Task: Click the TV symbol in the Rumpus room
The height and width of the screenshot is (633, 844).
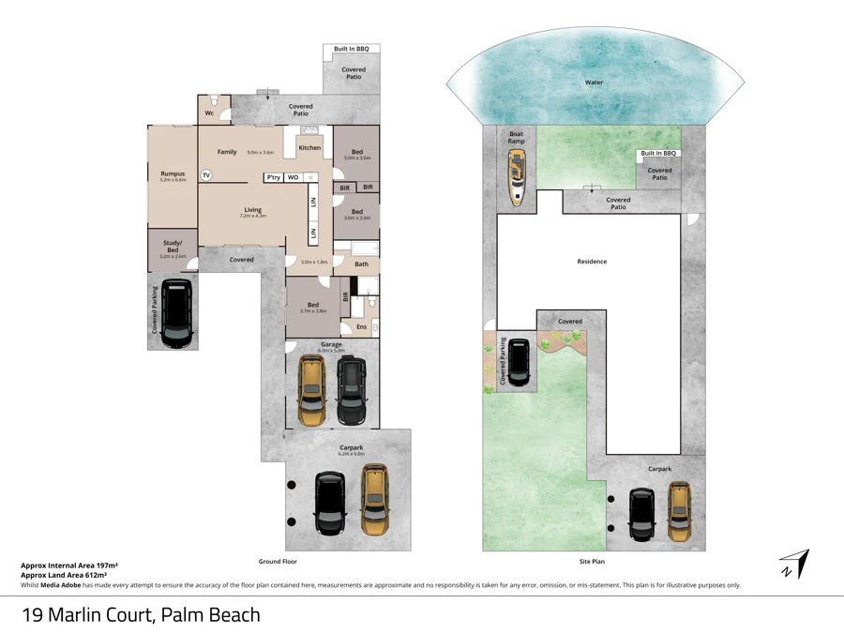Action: (206, 174)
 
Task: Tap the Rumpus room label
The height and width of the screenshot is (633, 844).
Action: (173, 173)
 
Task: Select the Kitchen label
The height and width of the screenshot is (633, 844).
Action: (309, 147)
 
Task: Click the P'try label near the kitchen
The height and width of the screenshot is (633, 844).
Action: (274, 177)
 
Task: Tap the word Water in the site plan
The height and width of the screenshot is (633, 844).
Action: (594, 83)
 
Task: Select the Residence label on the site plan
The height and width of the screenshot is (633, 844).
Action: (592, 262)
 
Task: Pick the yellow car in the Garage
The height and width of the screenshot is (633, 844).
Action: (312, 387)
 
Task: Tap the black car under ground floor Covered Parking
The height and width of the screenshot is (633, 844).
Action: (175, 310)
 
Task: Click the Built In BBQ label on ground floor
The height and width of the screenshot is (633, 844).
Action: (353, 48)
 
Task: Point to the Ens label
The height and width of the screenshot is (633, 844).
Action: (361, 326)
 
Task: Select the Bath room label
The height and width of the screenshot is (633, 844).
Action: (361, 264)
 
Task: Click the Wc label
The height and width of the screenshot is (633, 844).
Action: (210, 113)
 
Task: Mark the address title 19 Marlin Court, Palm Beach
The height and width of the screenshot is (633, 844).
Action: (141, 615)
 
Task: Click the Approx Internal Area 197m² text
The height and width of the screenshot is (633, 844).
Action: (69, 565)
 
